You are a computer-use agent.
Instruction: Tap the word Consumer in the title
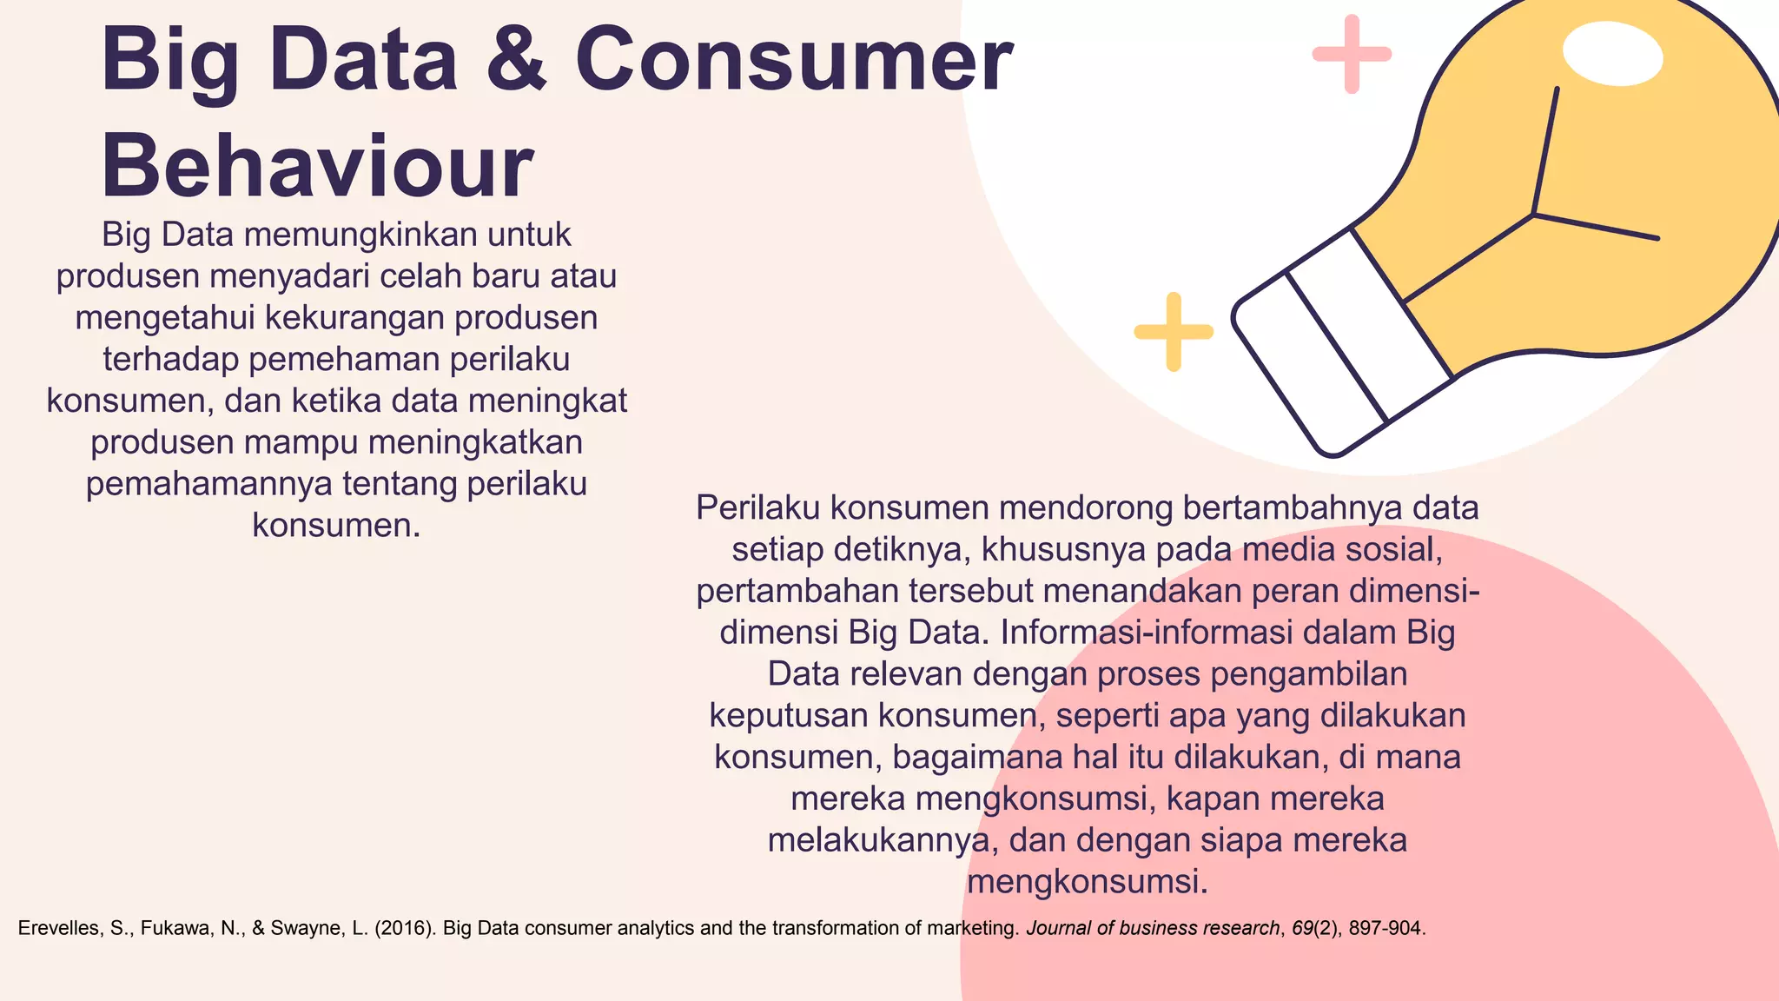pos(793,60)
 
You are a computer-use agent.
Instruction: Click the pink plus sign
pos(1352,54)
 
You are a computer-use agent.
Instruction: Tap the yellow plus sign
pos(1174,332)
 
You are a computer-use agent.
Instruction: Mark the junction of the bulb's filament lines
pos(1535,213)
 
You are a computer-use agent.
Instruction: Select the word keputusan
pos(789,716)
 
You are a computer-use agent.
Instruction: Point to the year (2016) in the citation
pos(405,928)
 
